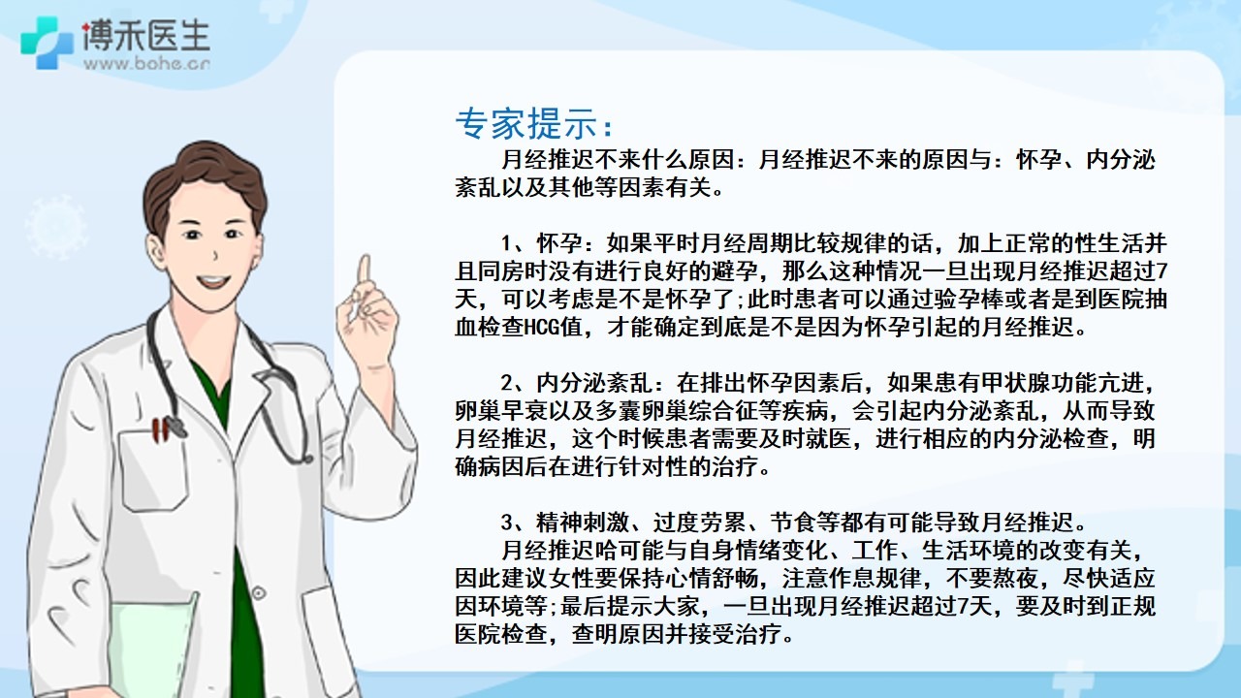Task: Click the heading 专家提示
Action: (527, 123)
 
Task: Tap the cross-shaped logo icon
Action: (47, 43)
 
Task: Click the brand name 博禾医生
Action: (146, 37)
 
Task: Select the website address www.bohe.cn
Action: (146, 64)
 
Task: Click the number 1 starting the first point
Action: (507, 243)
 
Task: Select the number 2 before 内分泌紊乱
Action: (507, 383)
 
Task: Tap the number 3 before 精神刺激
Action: (507, 522)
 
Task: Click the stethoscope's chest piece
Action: (176, 428)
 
